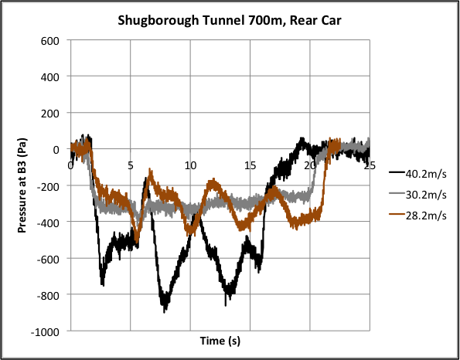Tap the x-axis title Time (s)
[x=220, y=341]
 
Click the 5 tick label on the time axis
[x=131, y=164]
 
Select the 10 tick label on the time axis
[x=190, y=164]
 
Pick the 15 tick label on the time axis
[x=250, y=164]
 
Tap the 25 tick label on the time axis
[x=369, y=164]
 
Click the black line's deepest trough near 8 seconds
[x=165, y=308]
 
